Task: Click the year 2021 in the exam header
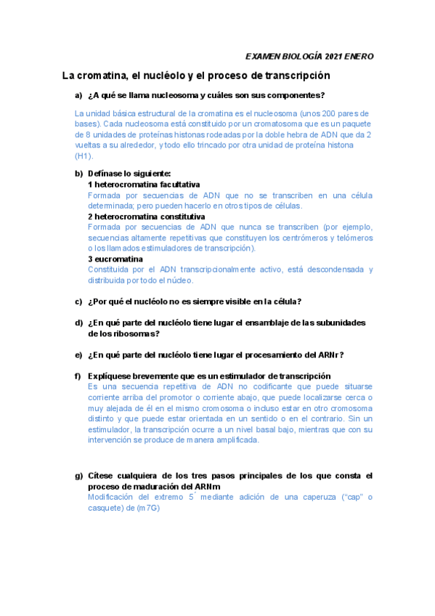336,57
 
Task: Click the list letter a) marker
78,96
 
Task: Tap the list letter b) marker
78,174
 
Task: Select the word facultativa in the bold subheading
176,185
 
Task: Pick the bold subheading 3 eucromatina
115,259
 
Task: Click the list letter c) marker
78,301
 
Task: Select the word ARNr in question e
328,354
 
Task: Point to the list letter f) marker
78,376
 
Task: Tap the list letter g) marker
78,476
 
